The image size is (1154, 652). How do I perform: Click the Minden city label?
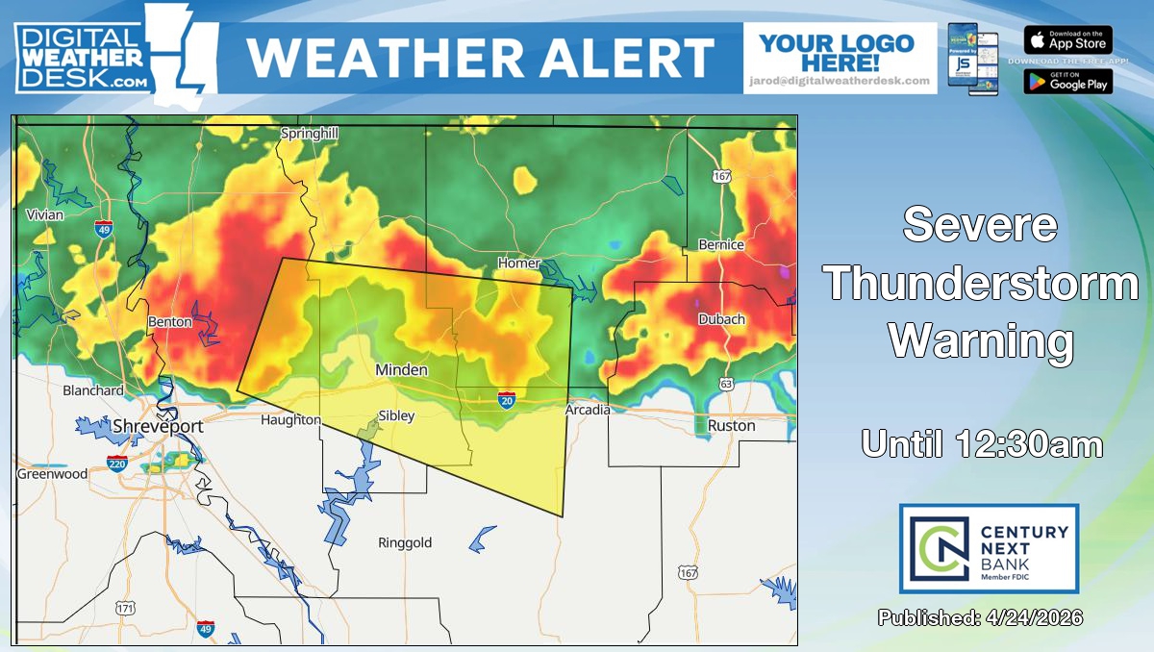coord(401,370)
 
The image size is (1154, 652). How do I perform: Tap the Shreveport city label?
coord(158,426)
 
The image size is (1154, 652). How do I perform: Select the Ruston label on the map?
coord(731,425)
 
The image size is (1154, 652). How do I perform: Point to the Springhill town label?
coord(309,135)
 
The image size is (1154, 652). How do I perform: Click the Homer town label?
coord(518,263)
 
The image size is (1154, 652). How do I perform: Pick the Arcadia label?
coord(587,410)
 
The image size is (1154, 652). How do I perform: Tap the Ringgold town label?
coord(405,542)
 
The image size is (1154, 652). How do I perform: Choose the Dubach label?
coord(721,319)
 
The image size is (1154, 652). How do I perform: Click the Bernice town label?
coord(721,244)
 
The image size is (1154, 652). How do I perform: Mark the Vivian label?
coord(44,214)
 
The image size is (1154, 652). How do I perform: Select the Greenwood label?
coord(52,473)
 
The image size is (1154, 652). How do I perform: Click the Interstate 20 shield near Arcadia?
coord(506,399)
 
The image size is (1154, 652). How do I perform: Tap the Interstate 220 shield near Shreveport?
coord(117,464)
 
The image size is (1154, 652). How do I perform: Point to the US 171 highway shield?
coord(125,608)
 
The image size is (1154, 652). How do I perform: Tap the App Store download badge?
coord(1067,40)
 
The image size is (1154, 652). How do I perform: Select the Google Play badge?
coord(1067,80)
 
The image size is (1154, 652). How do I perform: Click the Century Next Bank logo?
coord(989,548)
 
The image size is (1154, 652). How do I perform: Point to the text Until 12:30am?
coord(981,444)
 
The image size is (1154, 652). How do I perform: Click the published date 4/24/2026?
coord(980,617)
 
